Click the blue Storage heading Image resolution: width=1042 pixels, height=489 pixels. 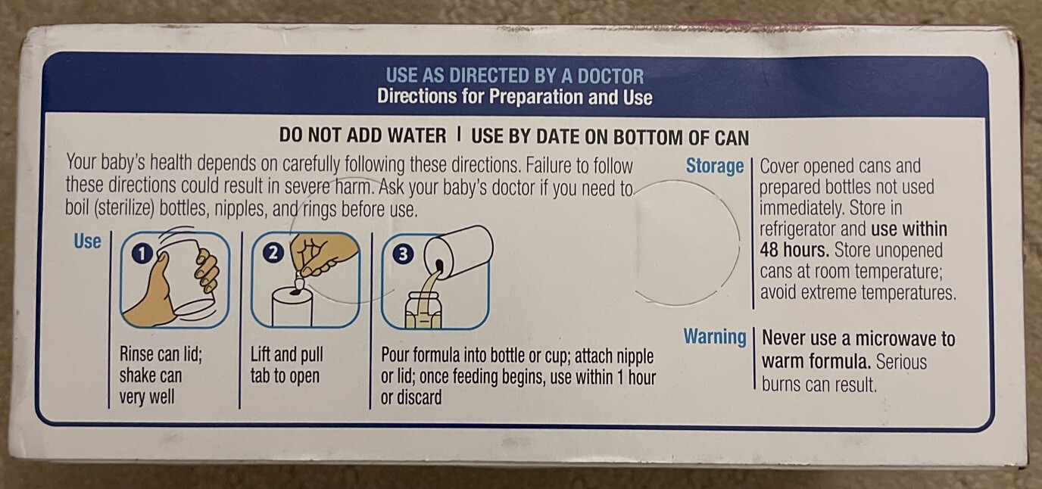[715, 167]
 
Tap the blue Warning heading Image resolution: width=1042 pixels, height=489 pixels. [715, 337]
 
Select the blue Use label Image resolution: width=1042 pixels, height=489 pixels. [87, 241]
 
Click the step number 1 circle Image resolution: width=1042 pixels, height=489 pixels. [143, 254]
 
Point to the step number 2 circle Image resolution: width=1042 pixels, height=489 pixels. [273, 253]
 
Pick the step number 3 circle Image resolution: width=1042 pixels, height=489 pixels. [404, 254]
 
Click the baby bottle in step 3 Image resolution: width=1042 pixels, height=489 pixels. [423, 310]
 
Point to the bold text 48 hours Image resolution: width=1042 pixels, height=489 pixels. [794, 250]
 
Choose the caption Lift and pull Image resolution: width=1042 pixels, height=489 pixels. [286, 355]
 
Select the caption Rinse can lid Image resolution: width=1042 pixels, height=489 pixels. [161, 354]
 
